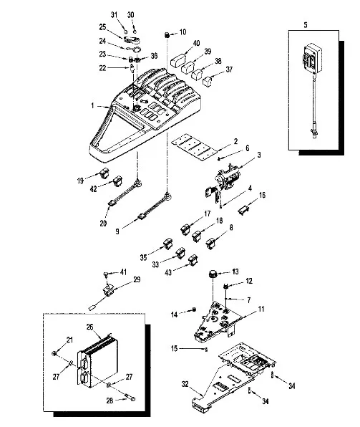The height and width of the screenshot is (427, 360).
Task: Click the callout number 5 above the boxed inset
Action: [306, 25]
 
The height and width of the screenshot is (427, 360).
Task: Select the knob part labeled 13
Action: [213, 274]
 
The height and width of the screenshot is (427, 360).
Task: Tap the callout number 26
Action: [89, 327]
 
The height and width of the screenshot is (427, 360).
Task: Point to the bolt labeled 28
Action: [130, 398]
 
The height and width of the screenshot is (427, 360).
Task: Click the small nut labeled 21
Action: [54, 353]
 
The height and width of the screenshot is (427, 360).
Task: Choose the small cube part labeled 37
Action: [208, 81]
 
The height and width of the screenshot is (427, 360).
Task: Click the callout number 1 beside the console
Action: [92, 105]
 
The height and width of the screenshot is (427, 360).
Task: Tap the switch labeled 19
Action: [104, 173]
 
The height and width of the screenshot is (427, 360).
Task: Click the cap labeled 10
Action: [167, 35]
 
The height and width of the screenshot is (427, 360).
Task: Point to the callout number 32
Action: [185, 384]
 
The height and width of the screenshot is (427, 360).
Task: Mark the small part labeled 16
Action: [244, 210]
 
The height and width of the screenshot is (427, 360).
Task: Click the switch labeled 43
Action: [193, 260]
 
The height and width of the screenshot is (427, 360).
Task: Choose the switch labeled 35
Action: [168, 244]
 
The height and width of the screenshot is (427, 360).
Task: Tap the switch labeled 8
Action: [210, 243]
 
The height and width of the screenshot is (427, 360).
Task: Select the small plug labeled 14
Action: [194, 310]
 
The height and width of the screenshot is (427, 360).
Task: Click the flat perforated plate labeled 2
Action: [194, 147]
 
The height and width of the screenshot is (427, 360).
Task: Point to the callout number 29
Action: [137, 279]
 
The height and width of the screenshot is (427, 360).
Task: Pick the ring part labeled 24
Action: [134, 49]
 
